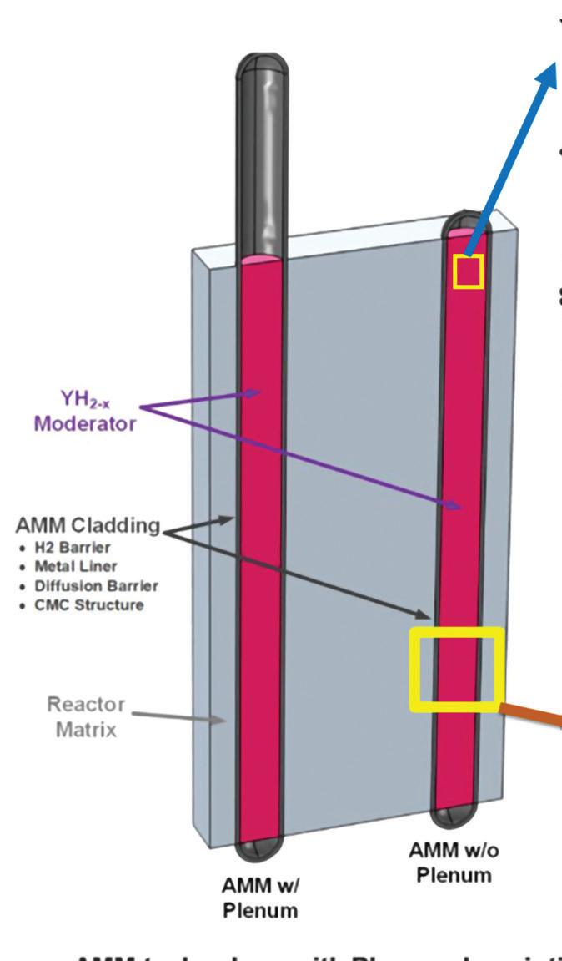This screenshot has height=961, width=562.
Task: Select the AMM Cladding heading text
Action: (x=88, y=526)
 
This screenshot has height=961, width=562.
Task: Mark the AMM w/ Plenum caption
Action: (x=260, y=898)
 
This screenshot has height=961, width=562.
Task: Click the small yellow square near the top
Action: (x=468, y=272)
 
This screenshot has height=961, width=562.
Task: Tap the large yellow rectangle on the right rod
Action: (x=457, y=670)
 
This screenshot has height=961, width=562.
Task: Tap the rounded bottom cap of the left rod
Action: (x=261, y=852)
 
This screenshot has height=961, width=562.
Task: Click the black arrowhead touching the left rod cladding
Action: (x=229, y=519)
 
